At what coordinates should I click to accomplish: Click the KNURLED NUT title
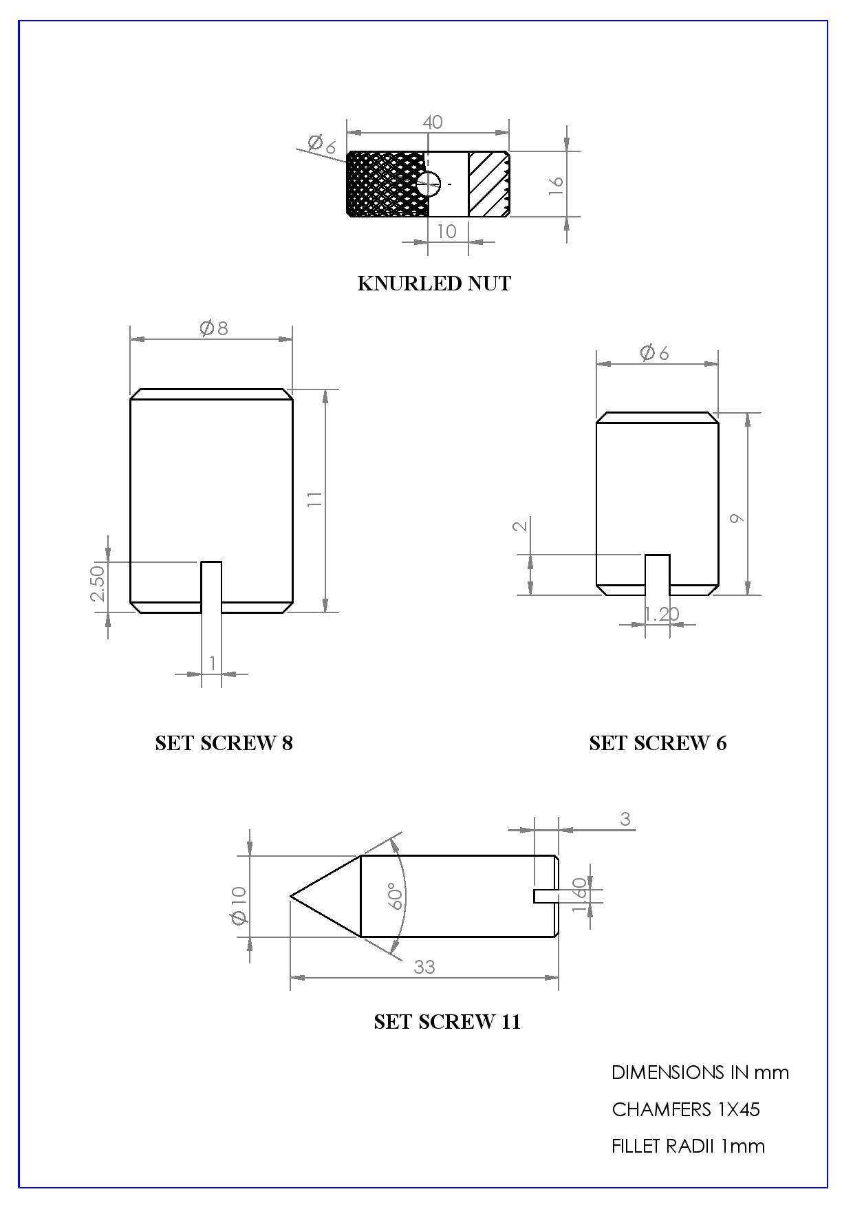(x=434, y=284)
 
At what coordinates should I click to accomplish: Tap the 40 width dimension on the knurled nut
(x=432, y=122)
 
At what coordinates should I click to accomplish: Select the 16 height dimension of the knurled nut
(x=556, y=184)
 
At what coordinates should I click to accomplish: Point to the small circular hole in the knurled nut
(x=428, y=184)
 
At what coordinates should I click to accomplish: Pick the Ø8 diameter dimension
(x=214, y=328)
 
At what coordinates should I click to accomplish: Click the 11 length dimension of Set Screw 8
(x=315, y=499)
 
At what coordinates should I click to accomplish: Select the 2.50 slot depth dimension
(x=98, y=582)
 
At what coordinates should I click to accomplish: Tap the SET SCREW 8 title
(x=224, y=743)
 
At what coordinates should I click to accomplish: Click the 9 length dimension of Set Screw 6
(x=736, y=517)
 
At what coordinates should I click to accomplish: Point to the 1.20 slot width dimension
(x=661, y=614)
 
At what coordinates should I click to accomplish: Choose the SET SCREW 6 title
(x=658, y=743)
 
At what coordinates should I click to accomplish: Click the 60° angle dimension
(x=396, y=896)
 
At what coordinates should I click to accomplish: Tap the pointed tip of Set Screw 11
(x=292, y=897)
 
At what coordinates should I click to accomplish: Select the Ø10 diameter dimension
(x=239, y=906)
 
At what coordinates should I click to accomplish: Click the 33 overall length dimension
(x=424, y=967)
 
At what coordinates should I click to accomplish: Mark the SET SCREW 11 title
(x=447, y=1022)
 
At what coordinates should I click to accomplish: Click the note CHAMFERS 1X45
(x=686, y=1109)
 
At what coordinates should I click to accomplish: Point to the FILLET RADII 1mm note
(x=688, y=1146)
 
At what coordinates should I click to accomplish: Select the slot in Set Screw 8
(x=211, y=586)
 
